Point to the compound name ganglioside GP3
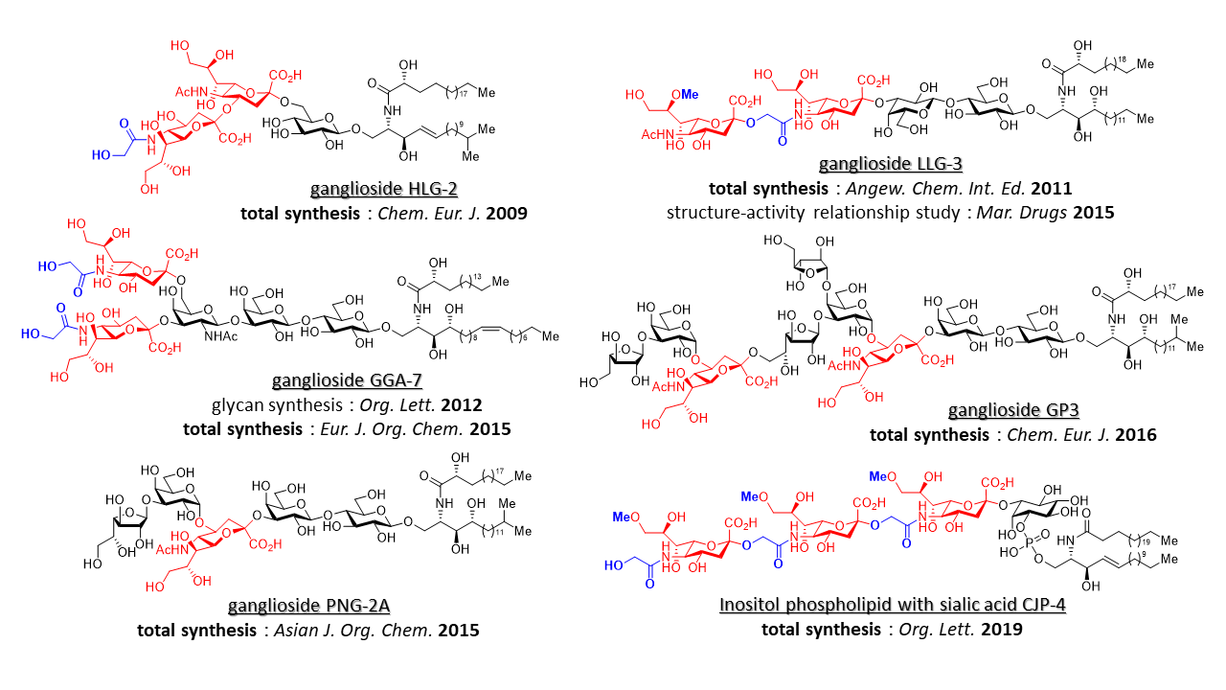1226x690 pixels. (x=1013, y=411)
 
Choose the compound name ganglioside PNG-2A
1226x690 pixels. (x=308, y=607)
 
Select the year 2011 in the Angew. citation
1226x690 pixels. (x=1051, y=189)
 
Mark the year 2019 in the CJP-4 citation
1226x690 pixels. (x=1001, y=630)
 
